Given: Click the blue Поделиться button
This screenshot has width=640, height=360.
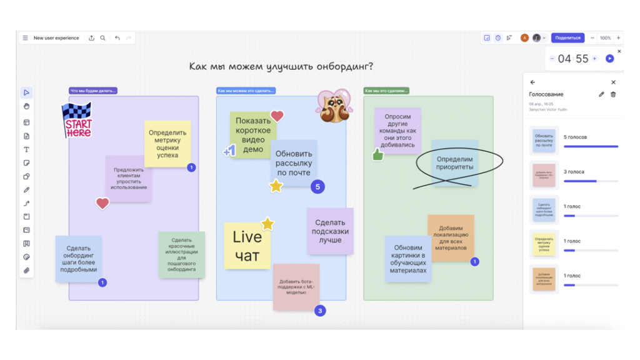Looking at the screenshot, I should [x=567, y=38].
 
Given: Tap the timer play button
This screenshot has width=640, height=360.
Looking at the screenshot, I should [x=610, y=59].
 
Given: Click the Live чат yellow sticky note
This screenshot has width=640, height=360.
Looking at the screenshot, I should [x=247, y=246].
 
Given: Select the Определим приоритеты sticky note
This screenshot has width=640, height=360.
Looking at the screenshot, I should [x=455, y=163].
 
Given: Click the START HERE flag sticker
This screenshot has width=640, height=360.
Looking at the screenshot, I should [x=77, y=121].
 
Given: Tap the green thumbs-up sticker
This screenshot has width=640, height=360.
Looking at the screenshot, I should [x=378, y=154].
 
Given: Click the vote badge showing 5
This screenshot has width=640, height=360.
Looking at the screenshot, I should [x=317, y=186].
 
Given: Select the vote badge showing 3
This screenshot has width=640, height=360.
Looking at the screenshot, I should [x=320, y=311].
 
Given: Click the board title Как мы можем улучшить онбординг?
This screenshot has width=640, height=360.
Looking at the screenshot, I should [x=281, y=66].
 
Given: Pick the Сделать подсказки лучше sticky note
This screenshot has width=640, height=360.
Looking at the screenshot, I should [x=330, y=231].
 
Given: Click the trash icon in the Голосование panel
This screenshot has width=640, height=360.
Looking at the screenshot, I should [x=613, y=94].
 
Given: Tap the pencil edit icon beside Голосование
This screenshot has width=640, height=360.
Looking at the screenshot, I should [x=601, y=94].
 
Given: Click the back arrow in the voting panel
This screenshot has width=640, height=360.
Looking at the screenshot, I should [x=532, y=82].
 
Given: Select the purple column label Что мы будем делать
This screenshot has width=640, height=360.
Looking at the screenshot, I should [x=93, y=91].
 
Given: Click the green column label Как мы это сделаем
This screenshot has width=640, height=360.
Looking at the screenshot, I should [x=386, y=91].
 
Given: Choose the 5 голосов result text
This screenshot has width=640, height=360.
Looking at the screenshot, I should [x=575, y=137].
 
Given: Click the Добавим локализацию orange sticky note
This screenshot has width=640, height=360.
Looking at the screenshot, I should [x=451, y=237].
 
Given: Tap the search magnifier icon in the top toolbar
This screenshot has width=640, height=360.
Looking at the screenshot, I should [x=103, y=38].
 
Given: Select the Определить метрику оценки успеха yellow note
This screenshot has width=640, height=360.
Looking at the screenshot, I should [x=167, y=144].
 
